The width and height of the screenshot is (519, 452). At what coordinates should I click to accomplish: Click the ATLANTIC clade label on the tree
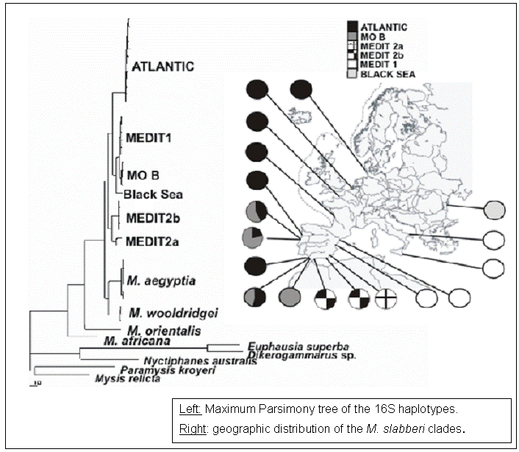162,67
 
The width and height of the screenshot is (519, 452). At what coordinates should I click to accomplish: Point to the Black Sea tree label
153,195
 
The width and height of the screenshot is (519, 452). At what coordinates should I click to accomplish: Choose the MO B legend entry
374,35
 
